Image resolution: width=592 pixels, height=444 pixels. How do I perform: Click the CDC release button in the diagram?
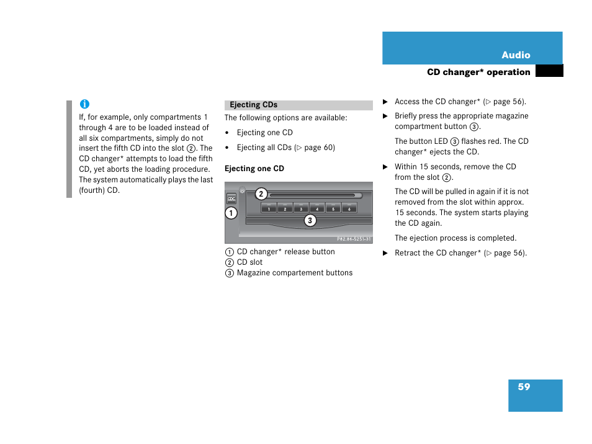coord(231,198)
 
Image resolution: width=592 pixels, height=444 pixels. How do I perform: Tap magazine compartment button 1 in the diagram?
coord(269,208)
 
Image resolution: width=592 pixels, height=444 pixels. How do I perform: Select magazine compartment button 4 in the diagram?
coord(317,208)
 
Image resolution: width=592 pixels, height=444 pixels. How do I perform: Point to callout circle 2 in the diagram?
coord(261,194)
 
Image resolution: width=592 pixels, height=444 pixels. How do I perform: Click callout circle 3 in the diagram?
coord(310,220)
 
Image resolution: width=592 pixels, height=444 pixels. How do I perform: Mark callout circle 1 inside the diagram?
coord(231,213)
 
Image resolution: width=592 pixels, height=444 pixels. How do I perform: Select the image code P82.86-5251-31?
coord(354,239)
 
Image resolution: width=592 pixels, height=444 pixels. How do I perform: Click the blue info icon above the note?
coord(84,104)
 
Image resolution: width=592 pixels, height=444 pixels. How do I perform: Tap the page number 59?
coord(524,387)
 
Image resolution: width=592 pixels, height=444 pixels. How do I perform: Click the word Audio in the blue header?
coord(516,55)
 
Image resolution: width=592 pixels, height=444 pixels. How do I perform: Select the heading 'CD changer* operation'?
coord(478,72)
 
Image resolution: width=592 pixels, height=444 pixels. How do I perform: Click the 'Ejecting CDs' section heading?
coord(254,105)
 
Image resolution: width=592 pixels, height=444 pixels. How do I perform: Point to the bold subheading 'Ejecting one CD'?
coord(254,169)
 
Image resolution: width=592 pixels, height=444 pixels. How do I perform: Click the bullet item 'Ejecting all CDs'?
coord(285,148)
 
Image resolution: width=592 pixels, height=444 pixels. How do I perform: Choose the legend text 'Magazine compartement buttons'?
coord(294,273)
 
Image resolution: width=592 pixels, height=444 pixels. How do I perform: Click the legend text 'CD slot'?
coord(249,262)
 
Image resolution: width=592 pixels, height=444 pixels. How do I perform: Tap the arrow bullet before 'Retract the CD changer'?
coord(385,253)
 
